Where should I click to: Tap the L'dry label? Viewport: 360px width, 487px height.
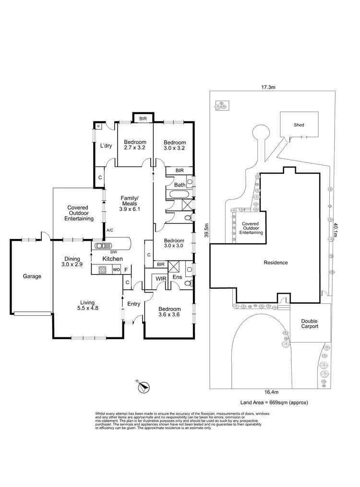click(x=106, y=146)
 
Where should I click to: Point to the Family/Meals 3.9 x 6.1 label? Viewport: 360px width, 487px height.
click(x=129, y=203)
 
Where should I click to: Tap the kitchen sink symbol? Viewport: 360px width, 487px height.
click(x=103, y=246)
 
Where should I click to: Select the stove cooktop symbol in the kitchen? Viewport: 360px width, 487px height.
click(x=102, y=270)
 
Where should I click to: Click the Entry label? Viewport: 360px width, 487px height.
click(x=133, y=304)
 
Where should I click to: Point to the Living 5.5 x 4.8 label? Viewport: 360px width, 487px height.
click(x=87, y=305)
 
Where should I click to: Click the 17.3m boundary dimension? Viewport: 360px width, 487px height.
click(x=267, y=87)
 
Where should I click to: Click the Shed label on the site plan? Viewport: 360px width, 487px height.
click(x=299, y=125)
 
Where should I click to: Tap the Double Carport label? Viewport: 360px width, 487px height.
click(x=310, y=324)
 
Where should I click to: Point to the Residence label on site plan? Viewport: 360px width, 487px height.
click(x=276, y=262)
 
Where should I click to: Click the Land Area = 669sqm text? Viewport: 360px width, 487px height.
click(x=274, y=403)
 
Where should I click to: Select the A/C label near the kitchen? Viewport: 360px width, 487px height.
click(x=109, y=230)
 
